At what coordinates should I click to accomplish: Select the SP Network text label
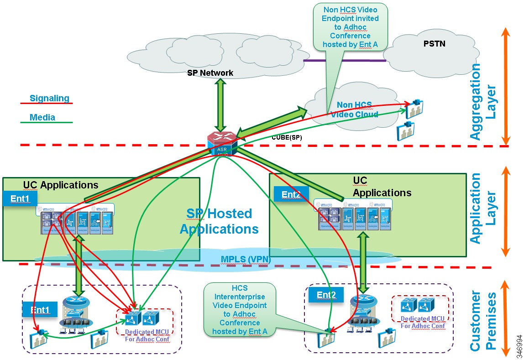coord(210,73)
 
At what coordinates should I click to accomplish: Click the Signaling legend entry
coord(49,98)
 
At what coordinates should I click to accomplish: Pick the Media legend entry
coord(42,117)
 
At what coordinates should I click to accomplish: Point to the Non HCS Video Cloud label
coord(354,110)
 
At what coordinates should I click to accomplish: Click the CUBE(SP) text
coord(287,137)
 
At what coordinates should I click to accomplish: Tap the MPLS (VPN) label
coord(246,259)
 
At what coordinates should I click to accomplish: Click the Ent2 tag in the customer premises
coord(325,295)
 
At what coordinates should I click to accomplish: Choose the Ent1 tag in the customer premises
coord(40,310)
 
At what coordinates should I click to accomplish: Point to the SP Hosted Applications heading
coord(219,221)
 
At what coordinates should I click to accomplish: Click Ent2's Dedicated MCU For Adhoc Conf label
coord(422,322)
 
